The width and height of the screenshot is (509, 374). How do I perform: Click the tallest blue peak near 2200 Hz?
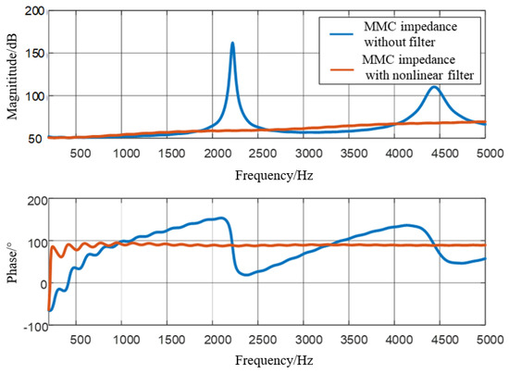click(232, 44)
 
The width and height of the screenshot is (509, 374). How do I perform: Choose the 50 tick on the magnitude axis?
click(35, 138)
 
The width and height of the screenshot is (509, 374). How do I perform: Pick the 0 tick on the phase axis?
click(39, 283)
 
